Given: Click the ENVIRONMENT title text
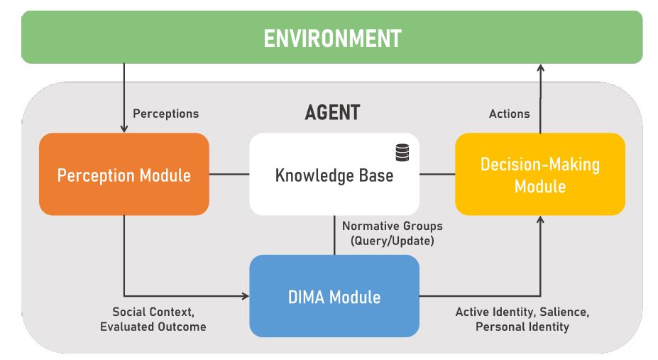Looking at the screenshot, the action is coord(332,38).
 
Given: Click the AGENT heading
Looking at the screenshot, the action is coord(332,112).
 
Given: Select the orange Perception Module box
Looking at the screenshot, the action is coord(124,174).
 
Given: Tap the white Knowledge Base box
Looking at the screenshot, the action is coord(334,174).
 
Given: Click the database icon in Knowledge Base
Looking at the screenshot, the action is coord(402,153).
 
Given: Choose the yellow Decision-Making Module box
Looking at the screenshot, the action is coord(540,174).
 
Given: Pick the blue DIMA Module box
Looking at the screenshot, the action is coord(334,296).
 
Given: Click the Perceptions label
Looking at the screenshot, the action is coord(166,114).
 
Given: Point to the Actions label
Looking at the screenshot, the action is coord(509,114).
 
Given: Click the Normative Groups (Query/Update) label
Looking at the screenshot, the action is coord(393,234).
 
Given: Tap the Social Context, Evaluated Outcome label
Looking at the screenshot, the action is coord(153,320).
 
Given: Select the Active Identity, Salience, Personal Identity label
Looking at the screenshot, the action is coord(522,320).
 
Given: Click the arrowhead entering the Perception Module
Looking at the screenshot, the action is coord(124,129).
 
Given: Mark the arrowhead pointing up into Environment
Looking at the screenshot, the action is coord(540,68).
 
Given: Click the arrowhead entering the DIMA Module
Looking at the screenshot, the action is coord(245,296).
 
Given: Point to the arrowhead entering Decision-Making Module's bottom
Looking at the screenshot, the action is coord(540,220).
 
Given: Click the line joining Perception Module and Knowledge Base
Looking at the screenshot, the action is coord(229,174).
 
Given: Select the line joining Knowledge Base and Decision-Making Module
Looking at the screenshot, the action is coord(437,174).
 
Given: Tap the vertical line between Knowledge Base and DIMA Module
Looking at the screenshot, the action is coord(334,235).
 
